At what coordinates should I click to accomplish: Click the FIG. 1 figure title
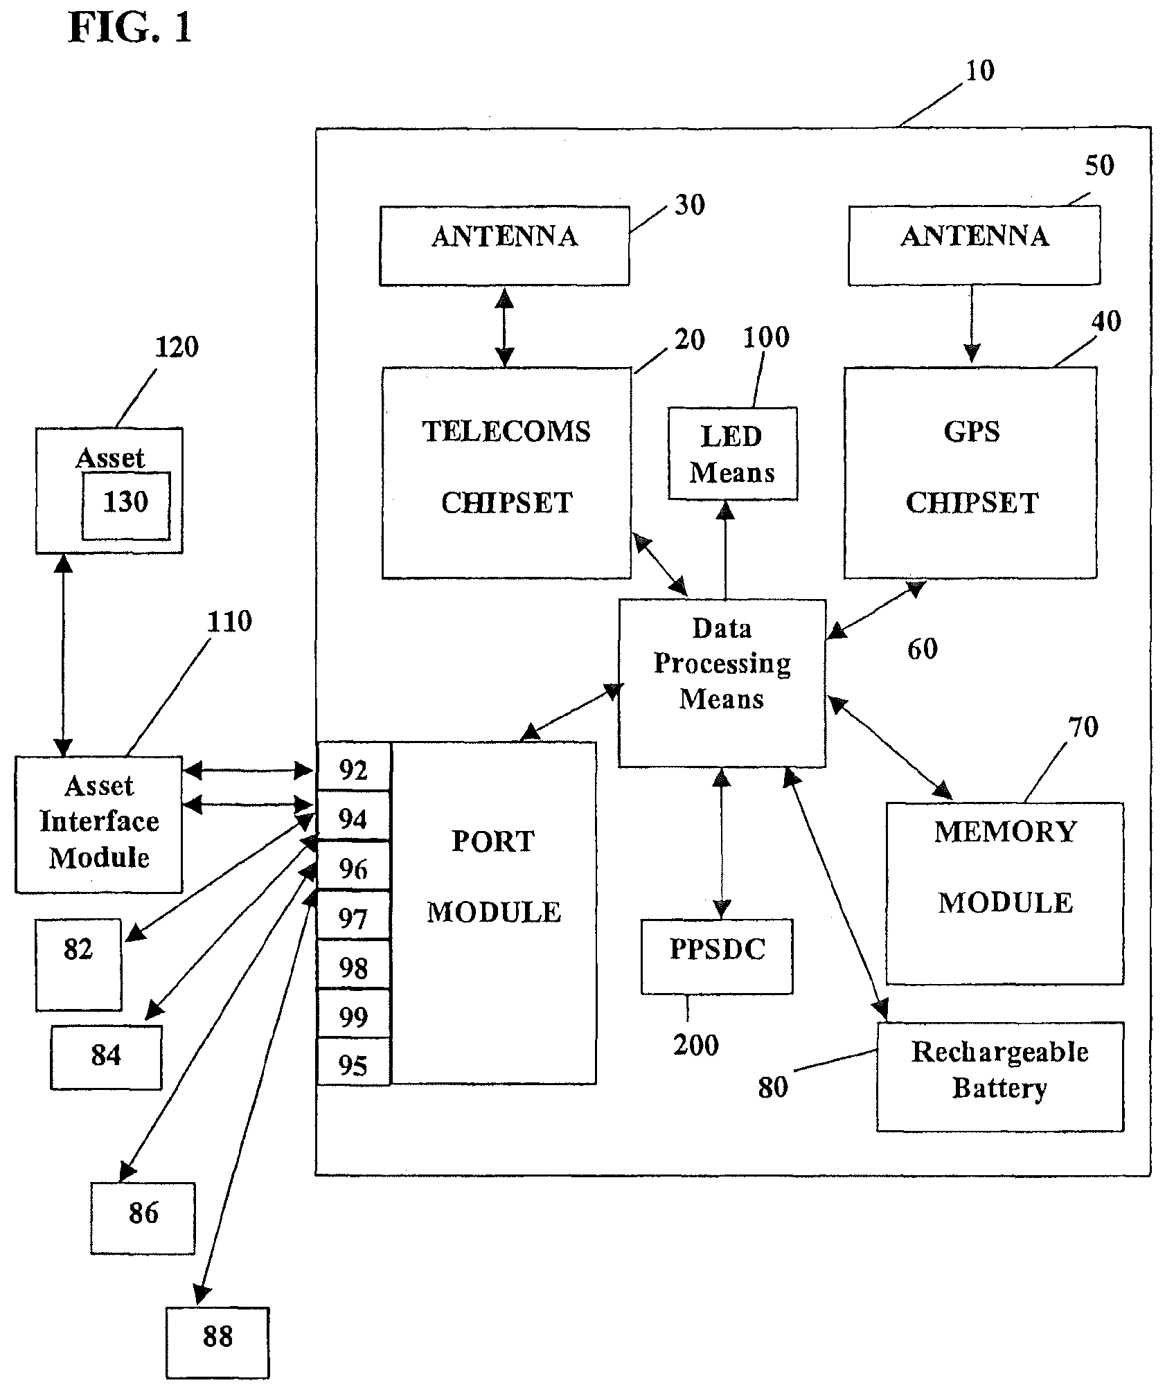point(130,29)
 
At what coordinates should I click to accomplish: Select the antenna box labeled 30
point(504,245)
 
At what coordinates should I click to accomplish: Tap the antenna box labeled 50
point(974,245)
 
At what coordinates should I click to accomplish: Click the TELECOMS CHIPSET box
point(506,472)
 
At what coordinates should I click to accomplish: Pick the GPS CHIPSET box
point(970,472)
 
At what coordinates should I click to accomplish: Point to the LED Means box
point(732,454)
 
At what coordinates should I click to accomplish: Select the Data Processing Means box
point(722,683)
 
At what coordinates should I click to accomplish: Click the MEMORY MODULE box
point(1004,893)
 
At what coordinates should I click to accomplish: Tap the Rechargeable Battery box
point(999,1076)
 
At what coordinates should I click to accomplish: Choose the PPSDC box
point(717,956)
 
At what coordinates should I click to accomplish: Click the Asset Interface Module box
point(99,823)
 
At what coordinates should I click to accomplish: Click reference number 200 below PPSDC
point(695,1045)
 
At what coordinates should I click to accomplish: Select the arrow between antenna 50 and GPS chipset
point(971,323)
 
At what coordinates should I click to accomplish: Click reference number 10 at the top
point(979,71)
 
